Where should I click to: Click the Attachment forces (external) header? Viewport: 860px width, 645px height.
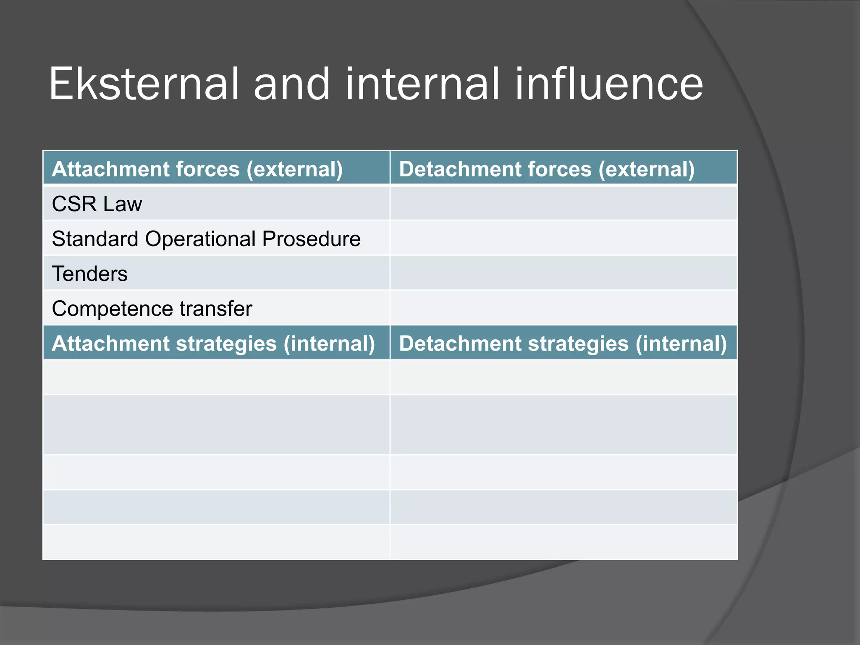197,169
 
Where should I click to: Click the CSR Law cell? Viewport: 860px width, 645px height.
97,204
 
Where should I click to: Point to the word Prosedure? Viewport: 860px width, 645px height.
311,239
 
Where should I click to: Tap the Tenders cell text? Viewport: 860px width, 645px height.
90,274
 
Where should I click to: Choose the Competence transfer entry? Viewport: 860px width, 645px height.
152,309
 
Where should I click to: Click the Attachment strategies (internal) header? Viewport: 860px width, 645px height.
213,343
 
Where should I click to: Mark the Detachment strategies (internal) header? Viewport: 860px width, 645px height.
563,343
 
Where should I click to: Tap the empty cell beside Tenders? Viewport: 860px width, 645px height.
564,273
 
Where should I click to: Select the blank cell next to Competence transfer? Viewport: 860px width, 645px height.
564,308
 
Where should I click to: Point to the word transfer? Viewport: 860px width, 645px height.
216,309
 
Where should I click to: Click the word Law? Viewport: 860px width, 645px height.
123,204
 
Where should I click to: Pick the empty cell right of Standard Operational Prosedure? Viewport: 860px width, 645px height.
564,239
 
